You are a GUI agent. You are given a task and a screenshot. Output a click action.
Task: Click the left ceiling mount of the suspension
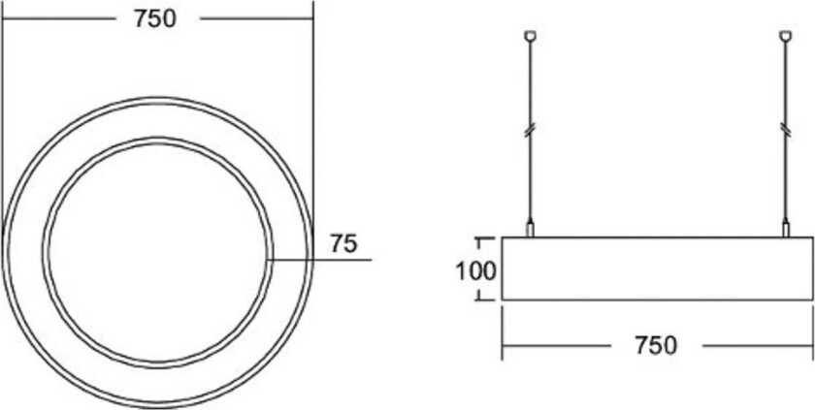[530, 38]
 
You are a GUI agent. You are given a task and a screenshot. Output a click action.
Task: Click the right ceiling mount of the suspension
[785, 38]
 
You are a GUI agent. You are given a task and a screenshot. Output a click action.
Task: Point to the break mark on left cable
[530, 129]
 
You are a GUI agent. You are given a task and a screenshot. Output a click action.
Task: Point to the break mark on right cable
[785, 129]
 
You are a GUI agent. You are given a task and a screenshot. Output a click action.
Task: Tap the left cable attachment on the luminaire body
[530, 230]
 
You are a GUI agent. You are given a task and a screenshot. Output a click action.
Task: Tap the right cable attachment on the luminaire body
[785, 230]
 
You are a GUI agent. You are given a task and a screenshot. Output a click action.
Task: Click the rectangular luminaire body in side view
[657, 268]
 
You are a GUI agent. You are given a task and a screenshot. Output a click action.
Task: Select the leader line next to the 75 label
[320, 260]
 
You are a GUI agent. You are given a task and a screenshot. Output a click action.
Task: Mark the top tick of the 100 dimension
[477, 237]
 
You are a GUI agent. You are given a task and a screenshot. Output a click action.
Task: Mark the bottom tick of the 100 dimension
[477, 300]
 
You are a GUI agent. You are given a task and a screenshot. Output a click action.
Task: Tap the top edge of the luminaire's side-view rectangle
[657, 237]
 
